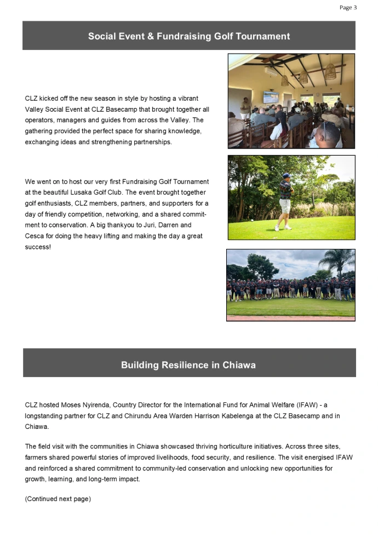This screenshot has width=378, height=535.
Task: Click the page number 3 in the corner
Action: tap(355, 8)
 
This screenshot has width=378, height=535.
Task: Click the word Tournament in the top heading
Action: tap(261, 37)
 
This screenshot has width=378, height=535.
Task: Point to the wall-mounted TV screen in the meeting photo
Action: tap(271, 98)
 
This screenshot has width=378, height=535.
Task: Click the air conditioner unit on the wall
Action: tap(273, 71)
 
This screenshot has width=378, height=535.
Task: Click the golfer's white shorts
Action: tap(284, 206)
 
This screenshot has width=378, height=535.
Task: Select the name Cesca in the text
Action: tap(36, 236)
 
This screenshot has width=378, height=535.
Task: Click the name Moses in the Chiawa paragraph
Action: tap(75, 405)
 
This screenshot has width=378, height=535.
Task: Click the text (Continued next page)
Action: tap(58, 499)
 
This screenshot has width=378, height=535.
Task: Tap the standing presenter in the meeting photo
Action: tap(245, 109)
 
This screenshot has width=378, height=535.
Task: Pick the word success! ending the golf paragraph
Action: tap(37, 247)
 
